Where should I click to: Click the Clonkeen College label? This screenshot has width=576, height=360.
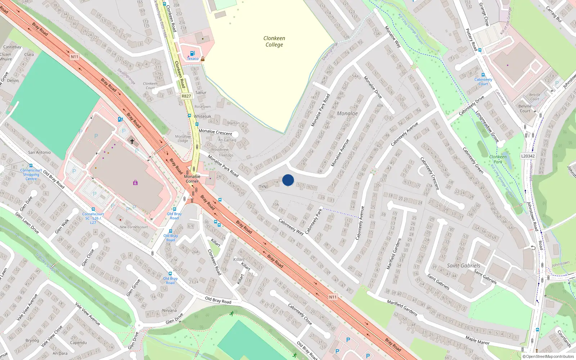(x=274, y=41)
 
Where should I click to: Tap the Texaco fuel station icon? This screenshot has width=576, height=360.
(x=192, y=54)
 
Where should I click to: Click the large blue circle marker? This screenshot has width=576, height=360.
(x=288, y=180)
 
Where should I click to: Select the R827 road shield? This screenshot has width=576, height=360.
(x=186, y=96)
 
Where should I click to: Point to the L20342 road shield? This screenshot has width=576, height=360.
(x=528, y=156)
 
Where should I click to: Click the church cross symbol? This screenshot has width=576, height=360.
(x=132, y=141)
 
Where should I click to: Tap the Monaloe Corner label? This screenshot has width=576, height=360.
(x=192, y=179)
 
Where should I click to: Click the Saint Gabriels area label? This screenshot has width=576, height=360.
(x=463, y=266)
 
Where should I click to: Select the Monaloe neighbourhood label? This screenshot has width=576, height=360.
(x=347, y=113)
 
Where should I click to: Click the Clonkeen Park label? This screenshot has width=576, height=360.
(x=498, y=159)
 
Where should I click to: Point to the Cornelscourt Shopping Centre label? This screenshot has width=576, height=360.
(x=31, y=175)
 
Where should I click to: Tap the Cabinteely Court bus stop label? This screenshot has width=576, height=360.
(x=483, y=82)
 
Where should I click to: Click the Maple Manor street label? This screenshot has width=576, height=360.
(x=477, y=340)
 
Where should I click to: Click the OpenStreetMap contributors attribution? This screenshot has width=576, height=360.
(x=548, y=357)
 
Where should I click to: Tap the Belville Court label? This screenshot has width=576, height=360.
(x=525, y=108)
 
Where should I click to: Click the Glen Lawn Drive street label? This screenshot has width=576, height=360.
(x=27, y=223)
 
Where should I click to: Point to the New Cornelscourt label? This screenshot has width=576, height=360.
(x=134, y=227)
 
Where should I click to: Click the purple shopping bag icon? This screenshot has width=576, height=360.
(x=135, y=183)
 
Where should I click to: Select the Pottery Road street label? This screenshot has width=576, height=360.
(x=472, y=40)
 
